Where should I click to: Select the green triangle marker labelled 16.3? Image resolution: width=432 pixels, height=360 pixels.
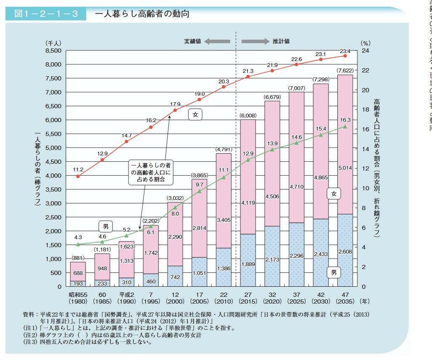click(345, 126)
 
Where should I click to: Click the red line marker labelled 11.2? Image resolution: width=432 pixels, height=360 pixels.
click(78, 176)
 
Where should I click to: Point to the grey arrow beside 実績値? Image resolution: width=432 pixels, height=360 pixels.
click(217, 41)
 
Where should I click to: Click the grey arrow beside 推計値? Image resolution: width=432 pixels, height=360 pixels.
click(255, 41)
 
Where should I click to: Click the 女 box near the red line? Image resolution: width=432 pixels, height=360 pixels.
click(195, 114)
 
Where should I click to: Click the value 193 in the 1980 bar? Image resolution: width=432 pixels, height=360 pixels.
click(78, 284)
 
